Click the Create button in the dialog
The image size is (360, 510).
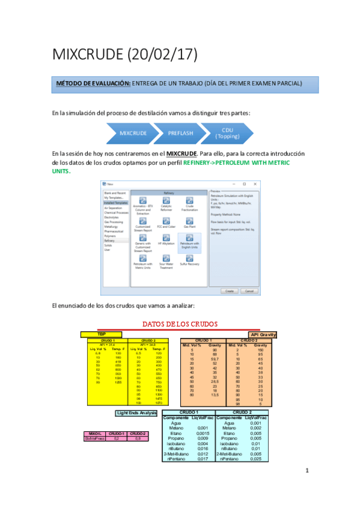(x=229, y=290)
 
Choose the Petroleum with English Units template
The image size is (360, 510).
(x=191, y=241)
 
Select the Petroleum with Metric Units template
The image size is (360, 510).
(x=143, y=260)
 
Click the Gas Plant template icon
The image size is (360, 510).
(x=190, y=219)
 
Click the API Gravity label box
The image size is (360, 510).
(x=263, y=334)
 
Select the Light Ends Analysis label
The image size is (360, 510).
(x=136, y=413)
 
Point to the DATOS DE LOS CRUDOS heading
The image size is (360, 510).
(x=179, y=324)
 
